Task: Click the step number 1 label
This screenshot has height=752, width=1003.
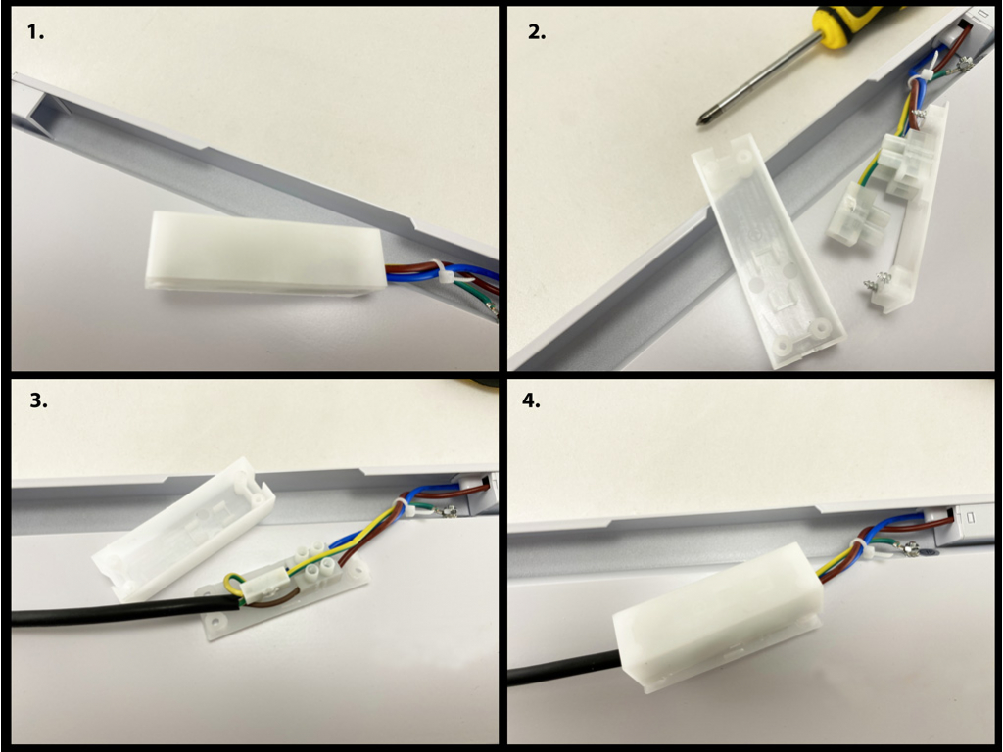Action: tap(36, 32)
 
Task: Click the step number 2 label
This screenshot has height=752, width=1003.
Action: tap(537, 32)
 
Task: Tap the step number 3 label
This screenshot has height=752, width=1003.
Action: tap(38, 400)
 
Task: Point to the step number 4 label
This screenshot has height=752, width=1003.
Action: tap(531, 400)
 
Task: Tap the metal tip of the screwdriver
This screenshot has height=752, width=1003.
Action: tap(703, 118)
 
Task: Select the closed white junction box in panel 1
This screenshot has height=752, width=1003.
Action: tap(264, 254)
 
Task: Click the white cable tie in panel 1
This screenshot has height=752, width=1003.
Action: tap(447, 275)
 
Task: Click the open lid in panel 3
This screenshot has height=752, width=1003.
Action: tap(184, 528)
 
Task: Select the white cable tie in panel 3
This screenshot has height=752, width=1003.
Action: tap(409, 509)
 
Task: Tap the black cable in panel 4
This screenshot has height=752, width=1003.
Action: tap(563, 669)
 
